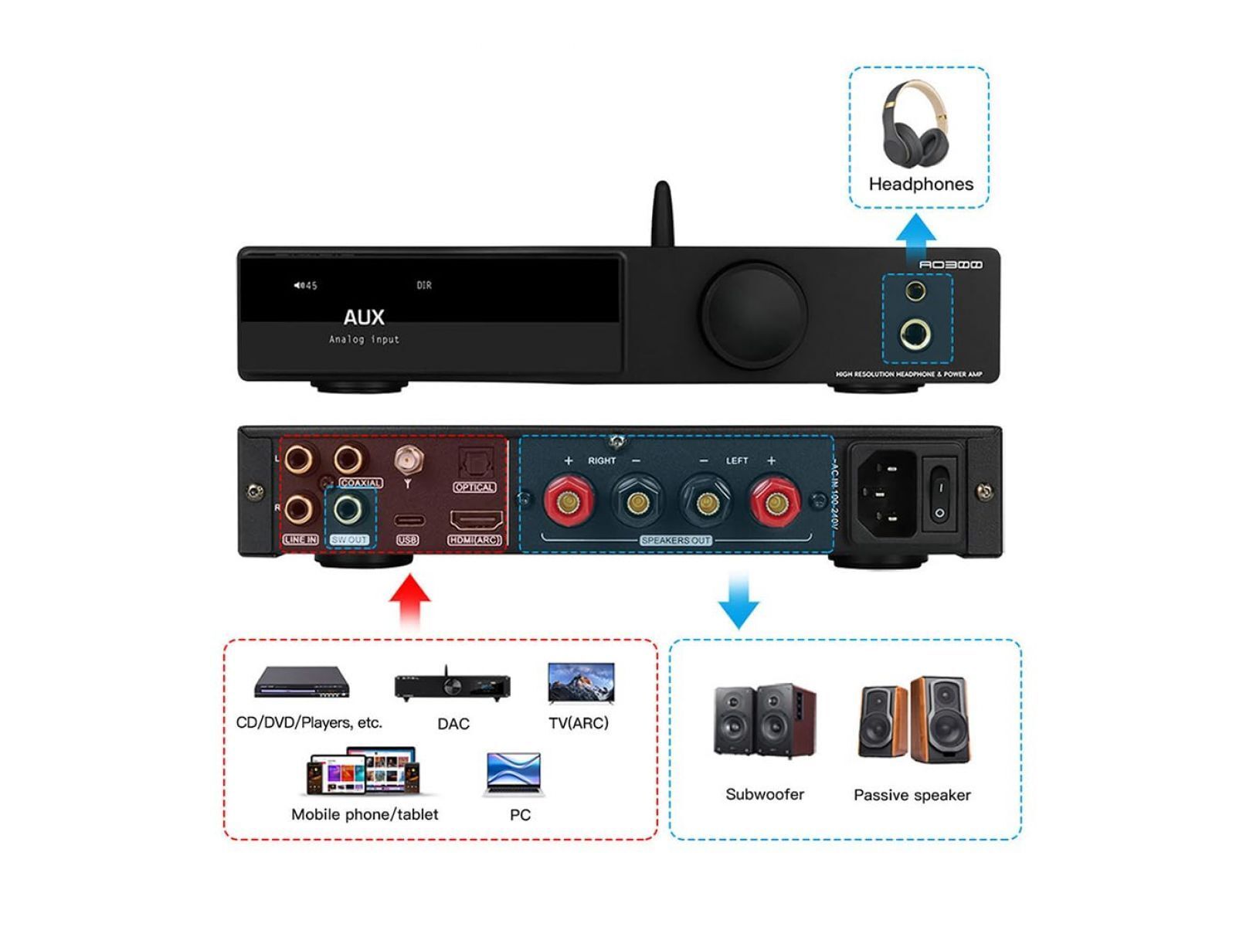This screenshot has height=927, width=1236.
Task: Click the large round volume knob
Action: pyautogui.click(x=755, y=314)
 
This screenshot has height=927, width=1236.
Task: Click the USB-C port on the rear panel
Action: pyautogui.click(x=408, y=520)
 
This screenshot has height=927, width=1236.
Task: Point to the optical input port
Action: pyautogui.click(x=473, y=465)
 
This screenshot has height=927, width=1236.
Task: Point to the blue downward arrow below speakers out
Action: pyautogui.click(x=739, y=599)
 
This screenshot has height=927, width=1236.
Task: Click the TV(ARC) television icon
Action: pyautogui.click(x=581, y=683)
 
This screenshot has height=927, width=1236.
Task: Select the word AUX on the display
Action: pyautogui.click(x=363, y=317)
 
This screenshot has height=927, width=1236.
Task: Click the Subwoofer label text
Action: pyautogui.click(x=765, y=794)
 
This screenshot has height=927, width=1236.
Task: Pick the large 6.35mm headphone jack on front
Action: pyautogui.click(x=916, y=334)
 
